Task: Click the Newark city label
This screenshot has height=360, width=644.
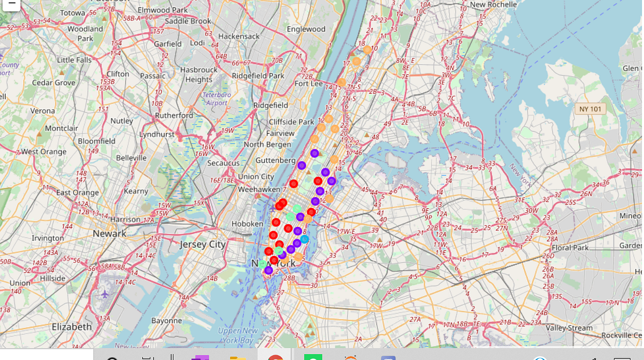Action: (x=109, y=233)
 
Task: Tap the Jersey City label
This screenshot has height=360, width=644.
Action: (x=203, y=245)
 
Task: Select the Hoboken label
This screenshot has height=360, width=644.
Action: (x=247, y=224)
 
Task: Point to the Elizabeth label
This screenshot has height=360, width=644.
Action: (x=71, y=327)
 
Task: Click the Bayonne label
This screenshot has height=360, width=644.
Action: (x=166, y=320)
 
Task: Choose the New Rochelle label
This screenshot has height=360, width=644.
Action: (x=493, y=5)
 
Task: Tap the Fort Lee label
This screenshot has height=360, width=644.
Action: (x=309, y=84)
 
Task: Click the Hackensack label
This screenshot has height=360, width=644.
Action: (x=238, y=36)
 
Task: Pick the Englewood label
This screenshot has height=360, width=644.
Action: (x=306, y=29)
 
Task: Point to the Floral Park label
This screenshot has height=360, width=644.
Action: (x=570, y=248)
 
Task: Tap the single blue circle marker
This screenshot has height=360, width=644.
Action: (x=304, y=239)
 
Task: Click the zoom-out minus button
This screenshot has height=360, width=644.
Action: (x=11, y=3)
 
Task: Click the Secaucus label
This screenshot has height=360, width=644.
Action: (x=223, y=163)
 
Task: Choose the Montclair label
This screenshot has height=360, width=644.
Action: (x=61, y=129)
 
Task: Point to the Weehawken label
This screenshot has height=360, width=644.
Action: (x=259, y=189)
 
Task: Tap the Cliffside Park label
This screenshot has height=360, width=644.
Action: (x=291, y=122)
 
